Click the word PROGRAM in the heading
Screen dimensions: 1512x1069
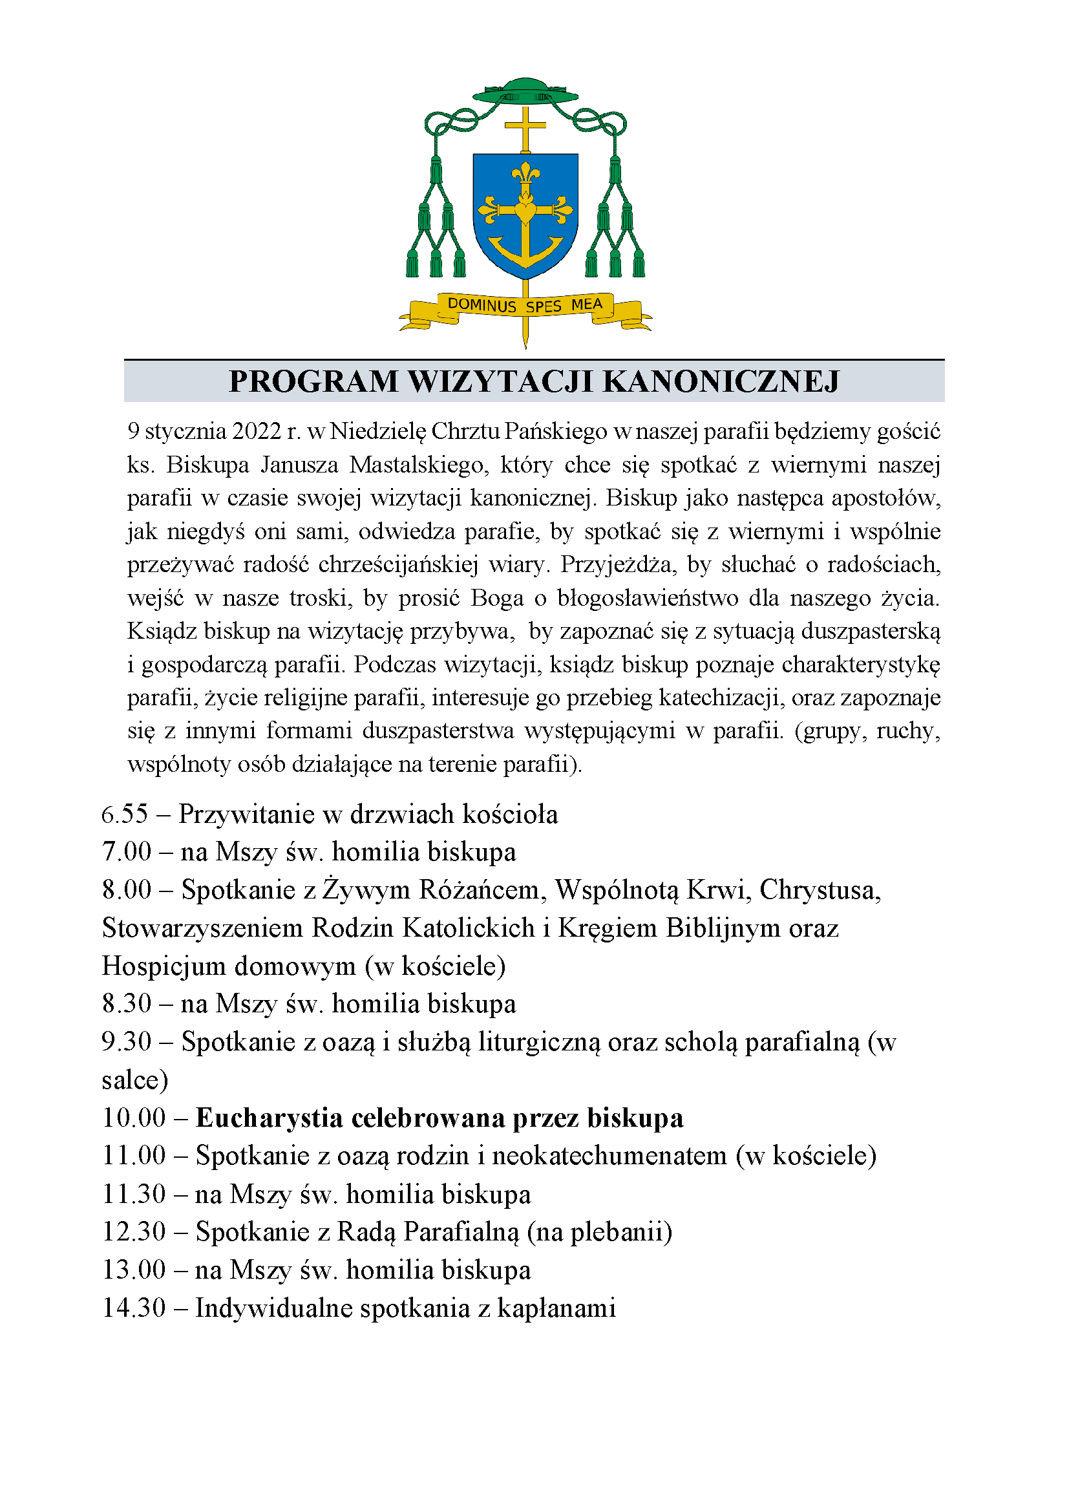[x=313, y=382]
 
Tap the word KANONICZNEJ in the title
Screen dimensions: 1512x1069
[x=721, y=382]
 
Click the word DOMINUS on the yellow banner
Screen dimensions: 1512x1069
[x=482, y=305]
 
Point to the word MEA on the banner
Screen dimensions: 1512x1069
[x=586, y=304]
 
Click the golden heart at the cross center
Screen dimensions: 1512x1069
[x=525, y=213]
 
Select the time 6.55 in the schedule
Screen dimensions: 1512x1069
[x=124, y=815]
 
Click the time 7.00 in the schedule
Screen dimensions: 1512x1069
[x=127, y=852]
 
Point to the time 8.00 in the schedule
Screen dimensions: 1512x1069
[x=127, y=889]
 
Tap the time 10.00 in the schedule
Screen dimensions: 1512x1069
[x=134, y=1118]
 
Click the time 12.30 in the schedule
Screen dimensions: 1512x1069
[x=134, y=1231]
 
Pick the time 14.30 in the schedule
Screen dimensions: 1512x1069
[x=134, y=1308]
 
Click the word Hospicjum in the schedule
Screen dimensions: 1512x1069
[x=164, y=966]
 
